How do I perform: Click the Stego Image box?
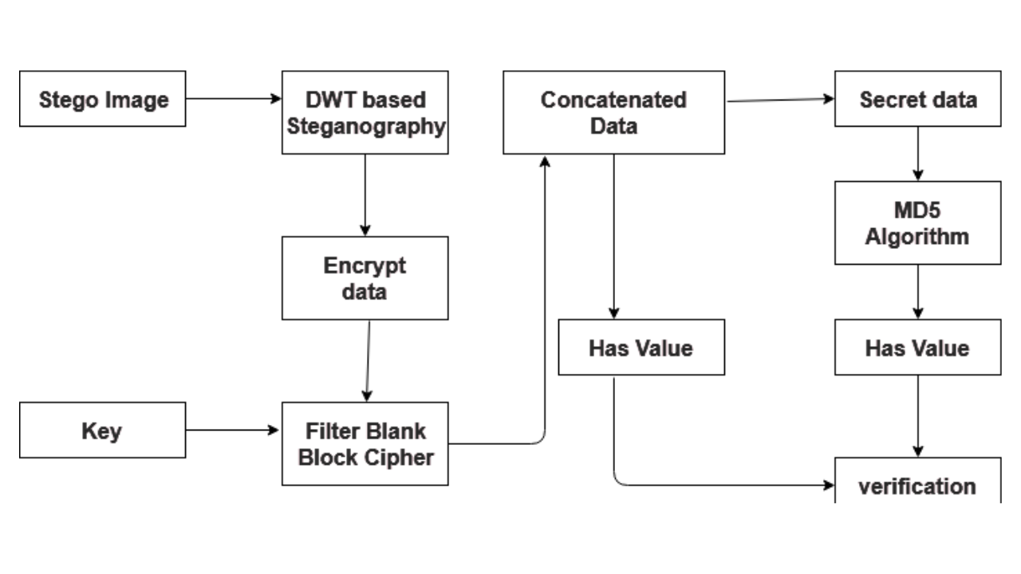[x=102, y=99]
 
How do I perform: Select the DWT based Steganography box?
[x=365, y=112]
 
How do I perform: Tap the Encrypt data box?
[x=365, y=278]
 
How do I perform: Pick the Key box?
[x=102, y=431]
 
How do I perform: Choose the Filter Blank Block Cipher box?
[x=365, y=444]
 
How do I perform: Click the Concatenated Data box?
[x=613, y=112]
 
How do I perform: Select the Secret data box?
[x=917, y=99]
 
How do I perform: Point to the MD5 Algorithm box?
[x=917, y=223]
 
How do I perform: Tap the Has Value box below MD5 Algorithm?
[x=917, y=348]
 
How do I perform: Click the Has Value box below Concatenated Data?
[x=641, y=348]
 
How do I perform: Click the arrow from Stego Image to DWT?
[x=234, y=99]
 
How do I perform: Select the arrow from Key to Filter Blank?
[x=234, y=431]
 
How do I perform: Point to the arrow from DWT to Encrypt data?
[x=365, y=195]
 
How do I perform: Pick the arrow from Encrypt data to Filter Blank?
[x=368, y=360]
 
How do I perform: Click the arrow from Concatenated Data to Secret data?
[x=779, y=100]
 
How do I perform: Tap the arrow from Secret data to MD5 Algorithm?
[x=917, y=153]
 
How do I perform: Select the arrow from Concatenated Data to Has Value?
[x=613, y=236]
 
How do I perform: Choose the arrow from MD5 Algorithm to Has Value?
[x=917, y=292]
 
